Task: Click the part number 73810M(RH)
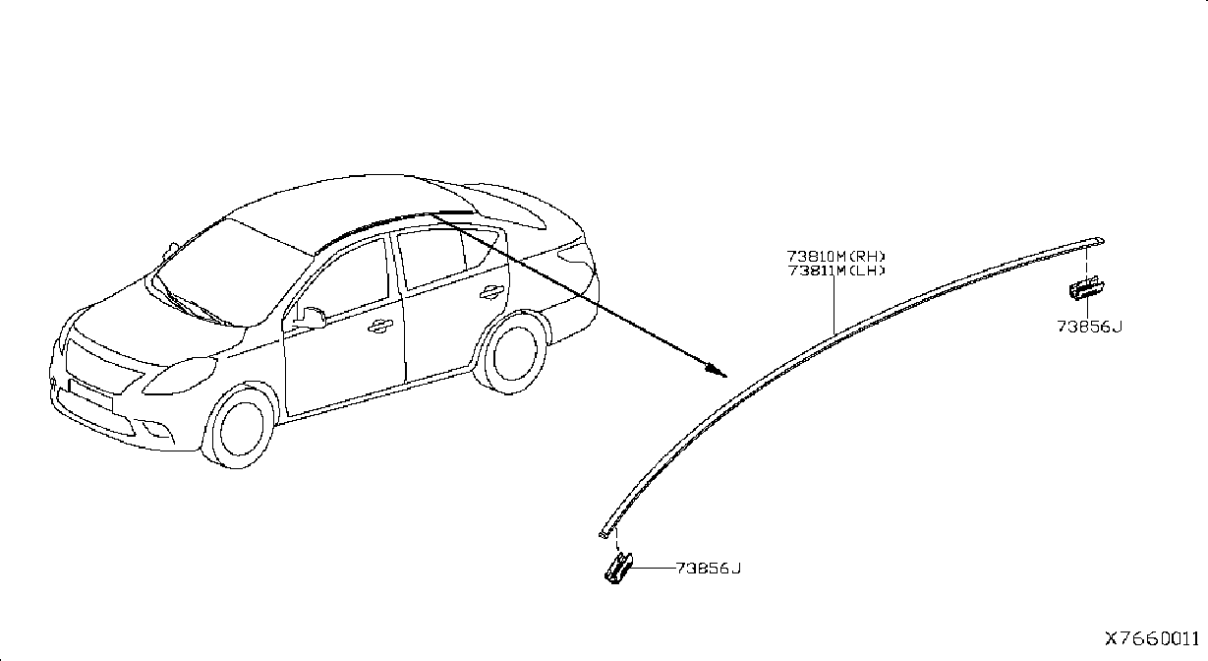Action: pyautogui.click(x=835, y=256)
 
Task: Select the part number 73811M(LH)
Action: pyautogui.click(x=836, y=270)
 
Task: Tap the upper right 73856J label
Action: pyautogui.click(x=1089, y=327)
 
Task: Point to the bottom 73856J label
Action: pyautogui.click(x=708, y=569)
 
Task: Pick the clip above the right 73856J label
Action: pyautogui.click(x=1086, y=287)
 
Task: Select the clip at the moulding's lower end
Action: pyautogui.click(x=618, y=569)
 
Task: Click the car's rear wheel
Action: pyautogui.click(x=513, y=354)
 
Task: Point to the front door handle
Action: pyautogui.click(x=379, y=326)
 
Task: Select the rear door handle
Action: pyautogui.click(x=491, y=292)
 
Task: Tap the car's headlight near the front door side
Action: pyautogui.click(x=180, y=376)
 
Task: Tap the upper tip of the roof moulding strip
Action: pyautogui.click(x=1102, y=240)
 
